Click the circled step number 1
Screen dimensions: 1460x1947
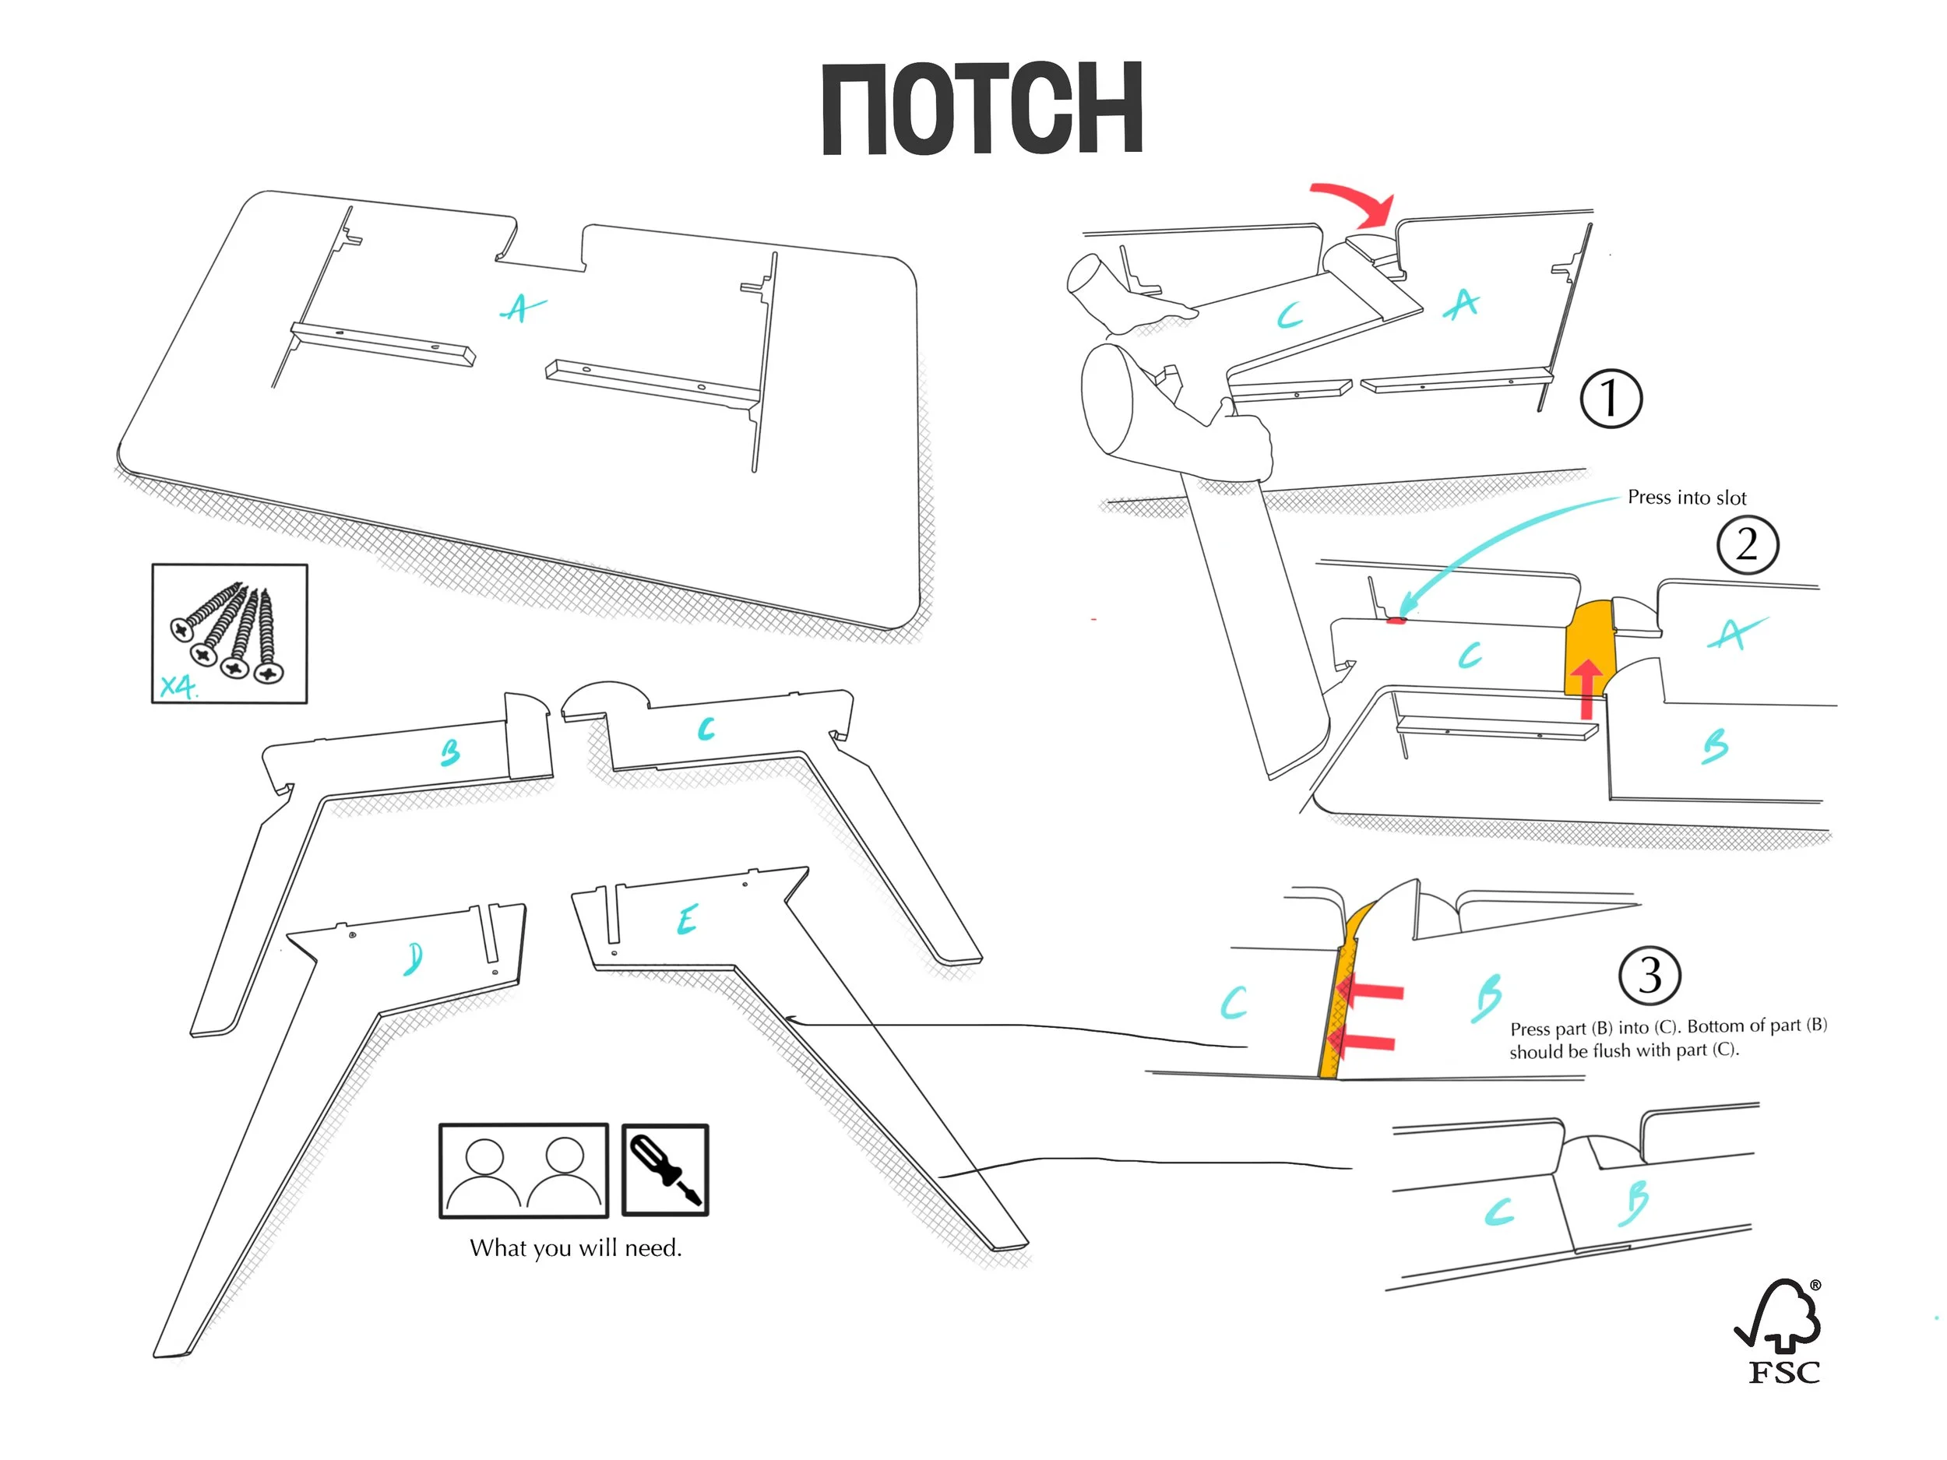[x=1610, y=399]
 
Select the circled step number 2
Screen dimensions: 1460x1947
[x=1747, y=545]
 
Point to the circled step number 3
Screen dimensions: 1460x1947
[x=1649, y=975]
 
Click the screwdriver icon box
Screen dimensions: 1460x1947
[x=664, y=1170]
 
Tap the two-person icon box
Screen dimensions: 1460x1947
[x=523, y=1170]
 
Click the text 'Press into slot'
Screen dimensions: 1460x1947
[x=1685, y=498]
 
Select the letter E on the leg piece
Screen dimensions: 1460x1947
[x=688, y=920]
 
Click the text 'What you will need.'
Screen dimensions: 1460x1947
[x=576, y=1248]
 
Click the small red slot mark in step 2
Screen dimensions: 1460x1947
[x=1395, y=621]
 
